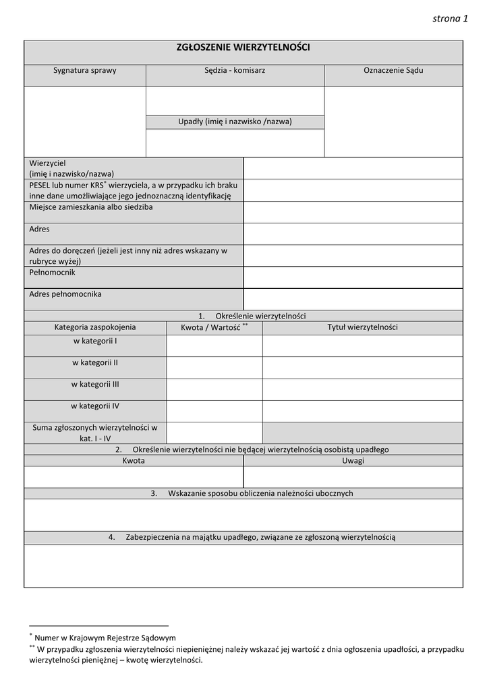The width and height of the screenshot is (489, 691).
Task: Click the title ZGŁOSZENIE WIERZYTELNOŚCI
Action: tap(243, 47)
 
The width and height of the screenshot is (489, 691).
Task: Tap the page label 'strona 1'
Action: tap(450, 18)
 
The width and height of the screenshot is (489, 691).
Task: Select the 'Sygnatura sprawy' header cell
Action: tap(85, 70)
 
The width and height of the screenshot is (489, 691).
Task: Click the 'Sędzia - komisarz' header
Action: tap(235, 70)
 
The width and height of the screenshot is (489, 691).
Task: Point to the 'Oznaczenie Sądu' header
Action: tap(393, 70)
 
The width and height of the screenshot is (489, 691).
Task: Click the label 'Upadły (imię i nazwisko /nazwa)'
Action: tap(235, 121)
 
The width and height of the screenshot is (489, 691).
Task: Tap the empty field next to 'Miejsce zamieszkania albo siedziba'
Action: tap(353, 212)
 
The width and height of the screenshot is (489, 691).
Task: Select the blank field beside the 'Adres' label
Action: tap(353, 233)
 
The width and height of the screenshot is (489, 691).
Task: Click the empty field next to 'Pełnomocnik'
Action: tap(353, 277)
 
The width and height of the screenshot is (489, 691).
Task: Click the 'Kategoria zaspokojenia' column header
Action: tap(95, 327)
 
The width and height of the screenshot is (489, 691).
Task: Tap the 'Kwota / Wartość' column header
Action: tap(214, 327)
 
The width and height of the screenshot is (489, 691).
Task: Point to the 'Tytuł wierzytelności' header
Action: tap(362, 327)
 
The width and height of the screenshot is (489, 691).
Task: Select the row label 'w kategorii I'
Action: tap(95, 341)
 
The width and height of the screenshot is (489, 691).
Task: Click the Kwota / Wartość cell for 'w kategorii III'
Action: tap(214, 389)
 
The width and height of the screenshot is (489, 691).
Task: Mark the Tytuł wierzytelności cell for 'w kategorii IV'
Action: tap(362, 411)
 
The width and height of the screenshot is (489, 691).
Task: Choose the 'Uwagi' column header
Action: tap(353, 461)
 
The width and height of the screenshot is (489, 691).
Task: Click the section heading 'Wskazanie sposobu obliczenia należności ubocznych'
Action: tap(260, 493)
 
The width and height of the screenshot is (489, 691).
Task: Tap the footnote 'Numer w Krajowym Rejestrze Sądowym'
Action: tap(105, 637)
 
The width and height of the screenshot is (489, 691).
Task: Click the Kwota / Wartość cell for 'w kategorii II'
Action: tap(214, 367)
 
